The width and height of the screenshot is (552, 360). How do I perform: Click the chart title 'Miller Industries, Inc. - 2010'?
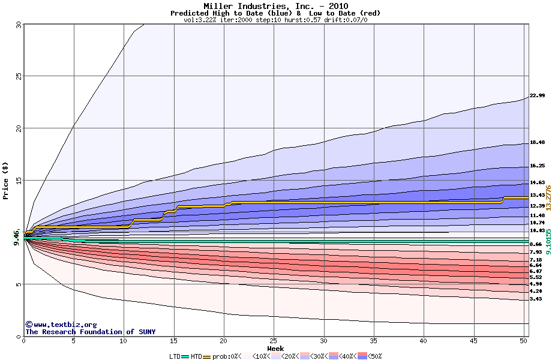tap(275, 6)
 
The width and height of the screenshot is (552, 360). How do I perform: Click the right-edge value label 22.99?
tap(537, 96)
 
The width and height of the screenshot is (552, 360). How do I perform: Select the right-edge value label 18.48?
tap(537, 143)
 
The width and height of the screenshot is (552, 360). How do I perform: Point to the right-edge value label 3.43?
tap(536, 299)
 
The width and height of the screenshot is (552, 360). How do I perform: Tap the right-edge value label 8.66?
tap(536, 245)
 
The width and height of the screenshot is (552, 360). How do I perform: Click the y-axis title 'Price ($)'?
tap(6, 180)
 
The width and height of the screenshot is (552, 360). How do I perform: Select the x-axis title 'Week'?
tap(275, 349)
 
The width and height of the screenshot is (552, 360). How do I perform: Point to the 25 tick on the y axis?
tap(17, 76)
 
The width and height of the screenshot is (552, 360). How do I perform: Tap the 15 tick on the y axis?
tap(17, 181)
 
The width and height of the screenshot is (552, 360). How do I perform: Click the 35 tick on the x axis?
tap(374, 341)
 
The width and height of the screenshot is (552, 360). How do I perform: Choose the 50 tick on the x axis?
tap(523, 341)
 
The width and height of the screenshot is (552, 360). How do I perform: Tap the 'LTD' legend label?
tap(175, 356)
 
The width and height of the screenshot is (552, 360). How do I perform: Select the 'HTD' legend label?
tap(196, 356)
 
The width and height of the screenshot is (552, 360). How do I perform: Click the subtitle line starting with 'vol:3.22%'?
tap(275, 20)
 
